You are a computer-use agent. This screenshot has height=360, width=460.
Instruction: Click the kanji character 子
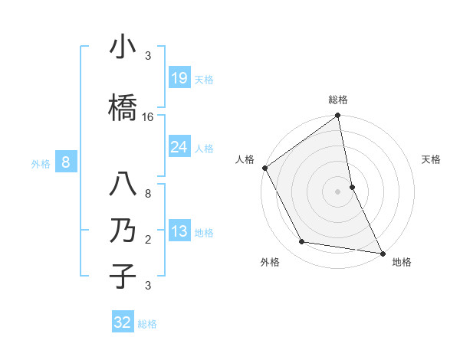pos(123,276)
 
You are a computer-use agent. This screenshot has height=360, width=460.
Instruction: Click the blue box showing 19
pos(179,78)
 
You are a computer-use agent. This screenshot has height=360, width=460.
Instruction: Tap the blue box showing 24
pos(179,147)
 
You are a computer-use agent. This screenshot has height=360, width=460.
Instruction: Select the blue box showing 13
pos(179,231)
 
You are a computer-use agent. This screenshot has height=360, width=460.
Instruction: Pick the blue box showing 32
pos(123,322)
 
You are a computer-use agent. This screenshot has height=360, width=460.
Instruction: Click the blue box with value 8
pos(66,162)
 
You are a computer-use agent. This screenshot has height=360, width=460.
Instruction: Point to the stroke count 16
pos(148,117)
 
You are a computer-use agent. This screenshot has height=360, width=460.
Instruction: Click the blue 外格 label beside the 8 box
pos(41,163)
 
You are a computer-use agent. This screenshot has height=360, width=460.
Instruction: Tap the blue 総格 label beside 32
pos(147,324)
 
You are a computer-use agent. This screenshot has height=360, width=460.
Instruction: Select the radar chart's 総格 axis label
pos(338,100)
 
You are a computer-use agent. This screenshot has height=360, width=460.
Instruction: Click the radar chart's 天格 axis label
pos(432,159)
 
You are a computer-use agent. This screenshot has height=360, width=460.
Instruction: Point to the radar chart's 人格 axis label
pos(245,159)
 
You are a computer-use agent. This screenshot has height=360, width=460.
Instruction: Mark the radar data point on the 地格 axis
pos(383,253)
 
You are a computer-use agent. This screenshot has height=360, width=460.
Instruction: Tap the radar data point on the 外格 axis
pos(302,242)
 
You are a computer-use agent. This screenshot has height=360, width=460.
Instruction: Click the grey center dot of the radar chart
pos(338,191)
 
